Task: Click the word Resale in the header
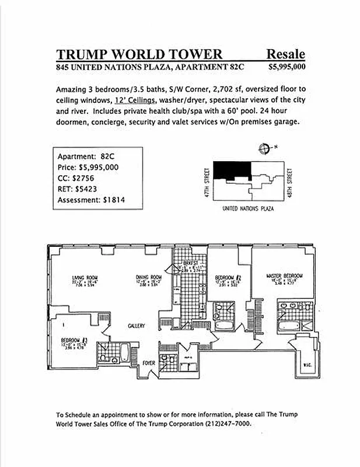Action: tap(285, 54)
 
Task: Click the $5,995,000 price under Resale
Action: tap(286, 67)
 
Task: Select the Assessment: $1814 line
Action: tap(91, 200)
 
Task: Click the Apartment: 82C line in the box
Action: tap(85, 156)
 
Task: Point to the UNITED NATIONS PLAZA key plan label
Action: tap(249, 208)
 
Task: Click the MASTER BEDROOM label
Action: tap(284, 276)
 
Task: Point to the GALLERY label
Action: tap(137, 326)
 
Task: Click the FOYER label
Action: tap(149, 363)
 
